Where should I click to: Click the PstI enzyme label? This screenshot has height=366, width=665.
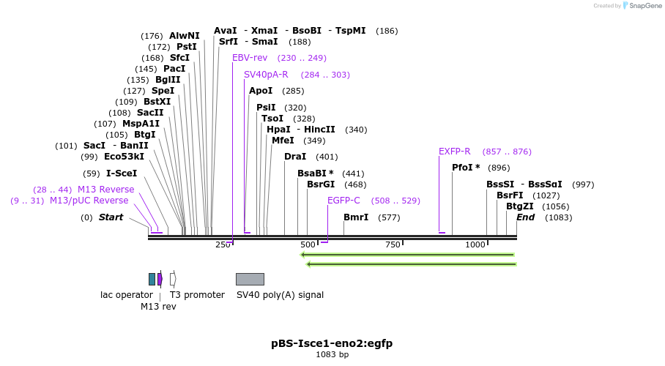pos(187,47)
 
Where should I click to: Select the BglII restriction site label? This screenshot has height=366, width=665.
pos(168,80)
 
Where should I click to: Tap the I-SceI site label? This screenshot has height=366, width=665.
pos(122,173)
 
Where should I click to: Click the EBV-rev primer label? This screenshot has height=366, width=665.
pos(250,58)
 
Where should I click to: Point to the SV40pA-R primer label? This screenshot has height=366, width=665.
pos(266,75)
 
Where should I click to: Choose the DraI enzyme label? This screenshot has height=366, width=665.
pos(295,157)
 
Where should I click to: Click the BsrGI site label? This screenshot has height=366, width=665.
pos(321,184)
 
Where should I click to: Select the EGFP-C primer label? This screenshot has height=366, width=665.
pos(343,201)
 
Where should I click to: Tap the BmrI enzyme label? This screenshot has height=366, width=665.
pos(356,217)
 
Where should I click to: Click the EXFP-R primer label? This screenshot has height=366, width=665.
pos(455,152)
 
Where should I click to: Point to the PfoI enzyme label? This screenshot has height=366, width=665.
pos(466,168)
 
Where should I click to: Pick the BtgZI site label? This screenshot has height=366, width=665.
pos(520,206)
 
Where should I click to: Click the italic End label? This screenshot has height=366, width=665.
pos(525,217)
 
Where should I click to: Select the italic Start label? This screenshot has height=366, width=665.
pos(111,217)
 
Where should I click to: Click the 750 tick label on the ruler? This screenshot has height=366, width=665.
pos(393,244)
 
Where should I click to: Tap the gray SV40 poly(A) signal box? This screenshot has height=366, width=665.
pos(250,279)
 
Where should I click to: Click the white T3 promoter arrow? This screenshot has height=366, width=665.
pos(173,279)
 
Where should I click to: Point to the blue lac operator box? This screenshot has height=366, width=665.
pos(152,279)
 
